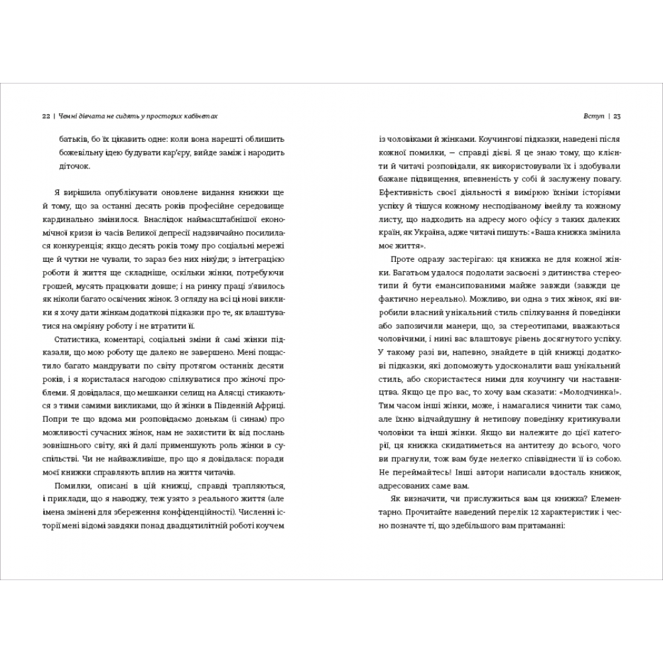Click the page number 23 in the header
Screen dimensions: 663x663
coord(617,117)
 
